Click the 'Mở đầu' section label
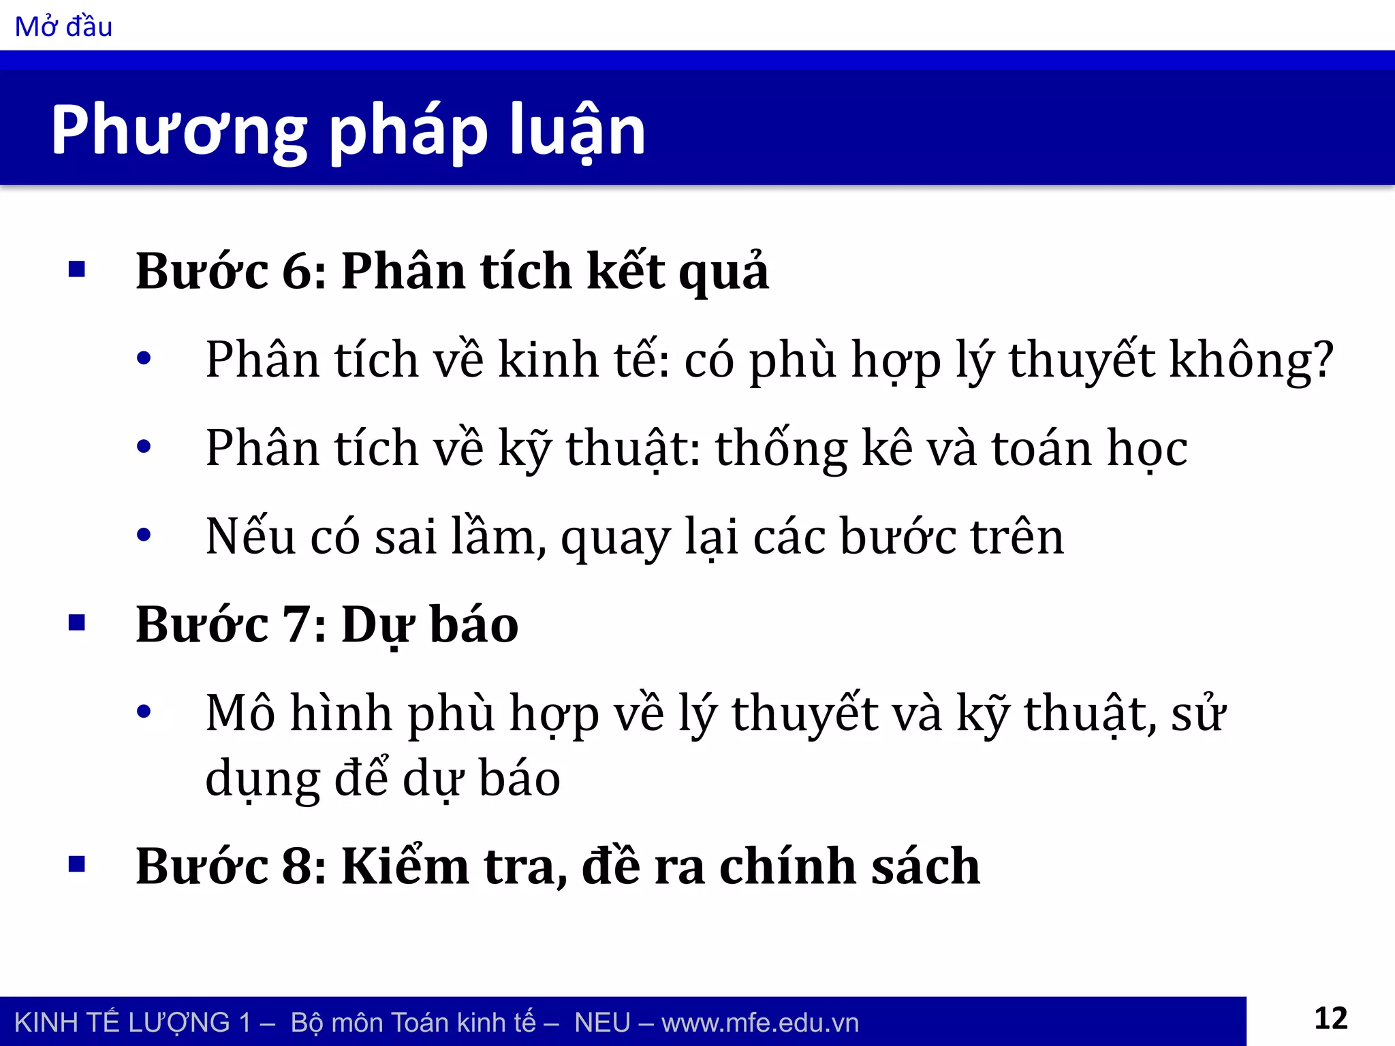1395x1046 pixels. click(63, 27)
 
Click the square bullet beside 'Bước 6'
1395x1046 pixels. click(77, 270)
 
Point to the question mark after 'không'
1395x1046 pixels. click(1322, 360)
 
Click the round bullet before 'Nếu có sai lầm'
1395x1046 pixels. click(144, 535)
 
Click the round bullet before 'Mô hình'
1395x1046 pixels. click(144, 712)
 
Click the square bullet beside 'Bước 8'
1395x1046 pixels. click(77, 865)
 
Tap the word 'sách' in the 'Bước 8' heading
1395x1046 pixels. click(926, 867)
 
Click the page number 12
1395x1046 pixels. click(1330, 1019)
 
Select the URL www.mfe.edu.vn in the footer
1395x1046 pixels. click(759, 1023)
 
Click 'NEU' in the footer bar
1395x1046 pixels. click(602, 1023)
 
